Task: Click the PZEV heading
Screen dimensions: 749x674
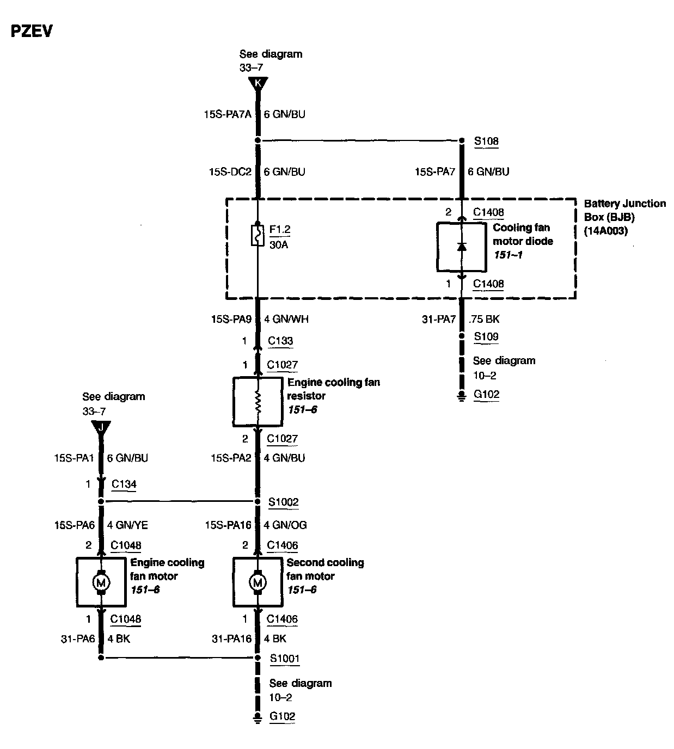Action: point(32,31)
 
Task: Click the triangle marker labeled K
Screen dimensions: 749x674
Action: point(258,83)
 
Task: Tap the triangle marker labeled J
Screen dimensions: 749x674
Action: point(101,427)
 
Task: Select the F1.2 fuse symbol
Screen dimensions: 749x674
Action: point(258,235)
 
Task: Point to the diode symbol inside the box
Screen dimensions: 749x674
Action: point(462,247)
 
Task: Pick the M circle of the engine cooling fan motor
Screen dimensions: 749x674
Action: point(101,582)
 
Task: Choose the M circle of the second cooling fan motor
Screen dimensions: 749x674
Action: point(258,582)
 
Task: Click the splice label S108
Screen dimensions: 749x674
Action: point(486,141)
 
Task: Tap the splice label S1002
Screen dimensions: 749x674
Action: point(284,501)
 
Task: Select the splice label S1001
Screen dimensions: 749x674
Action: point(285,658)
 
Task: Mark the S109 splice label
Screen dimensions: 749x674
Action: point(486,336)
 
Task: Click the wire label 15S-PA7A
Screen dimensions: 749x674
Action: point(228,114)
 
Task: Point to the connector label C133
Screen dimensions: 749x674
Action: point(280,341)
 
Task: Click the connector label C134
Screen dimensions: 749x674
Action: point(124,484)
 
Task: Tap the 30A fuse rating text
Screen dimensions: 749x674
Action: point(278,245)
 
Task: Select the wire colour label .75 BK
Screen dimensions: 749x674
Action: point(484,319)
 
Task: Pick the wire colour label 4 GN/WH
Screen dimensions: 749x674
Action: point(286,319)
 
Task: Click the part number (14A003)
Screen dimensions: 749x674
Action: point(606,231)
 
